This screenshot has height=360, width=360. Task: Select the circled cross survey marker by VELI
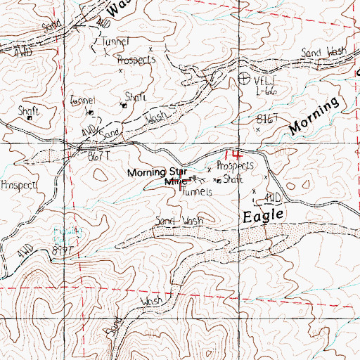243,79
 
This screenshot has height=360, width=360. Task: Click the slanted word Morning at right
314,117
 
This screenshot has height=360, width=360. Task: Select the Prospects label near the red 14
234,167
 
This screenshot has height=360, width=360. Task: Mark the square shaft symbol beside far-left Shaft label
30,118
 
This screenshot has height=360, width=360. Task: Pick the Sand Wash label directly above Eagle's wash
179,221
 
